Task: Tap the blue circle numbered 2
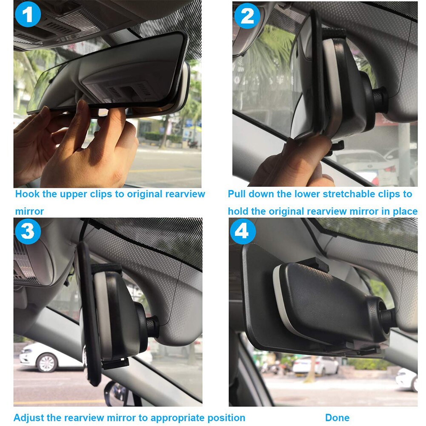coord(247,15)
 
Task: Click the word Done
coord(337,417)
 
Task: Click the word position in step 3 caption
coord(226,417)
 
